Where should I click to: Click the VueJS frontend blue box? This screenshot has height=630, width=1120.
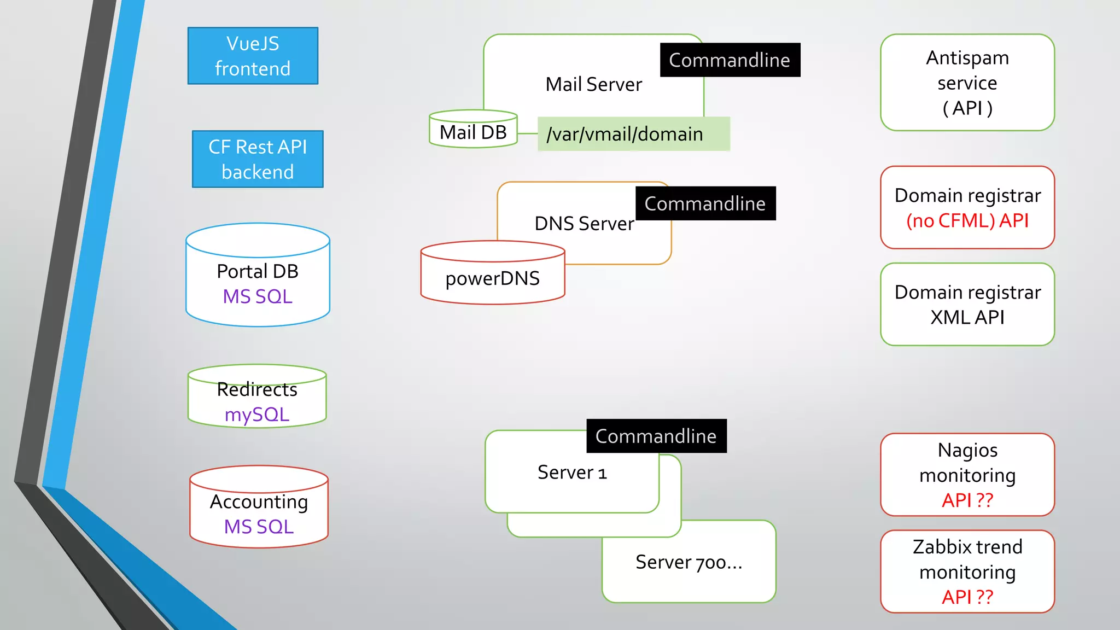(253, 56)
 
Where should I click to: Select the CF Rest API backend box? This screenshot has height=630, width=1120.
(258, 159)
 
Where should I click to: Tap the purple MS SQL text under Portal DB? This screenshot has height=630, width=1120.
(258, 296)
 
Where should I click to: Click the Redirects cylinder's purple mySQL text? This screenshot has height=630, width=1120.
(257, 415)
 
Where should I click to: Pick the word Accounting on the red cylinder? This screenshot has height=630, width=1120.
(259, 501)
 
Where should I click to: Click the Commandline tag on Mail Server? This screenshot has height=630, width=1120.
(730, 60)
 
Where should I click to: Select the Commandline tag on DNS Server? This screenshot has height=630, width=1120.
(705, 203)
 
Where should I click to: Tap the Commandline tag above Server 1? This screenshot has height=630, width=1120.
(656, 436)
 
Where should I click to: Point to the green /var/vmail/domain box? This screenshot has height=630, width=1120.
(633, 134)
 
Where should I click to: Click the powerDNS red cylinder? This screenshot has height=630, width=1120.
(492, 278)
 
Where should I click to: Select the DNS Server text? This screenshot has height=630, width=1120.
(584, 224)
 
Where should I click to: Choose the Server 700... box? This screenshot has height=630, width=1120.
(689, 562)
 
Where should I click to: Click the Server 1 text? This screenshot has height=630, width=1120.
(572, 472)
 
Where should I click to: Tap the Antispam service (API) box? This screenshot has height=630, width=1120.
(967, 83)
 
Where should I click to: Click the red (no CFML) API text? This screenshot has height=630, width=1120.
(967, 220)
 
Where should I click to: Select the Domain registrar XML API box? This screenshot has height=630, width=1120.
(967, 305)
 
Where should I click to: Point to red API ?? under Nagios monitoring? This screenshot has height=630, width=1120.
(967, 500)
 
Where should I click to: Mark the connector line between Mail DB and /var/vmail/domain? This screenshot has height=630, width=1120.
(527, 133)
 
